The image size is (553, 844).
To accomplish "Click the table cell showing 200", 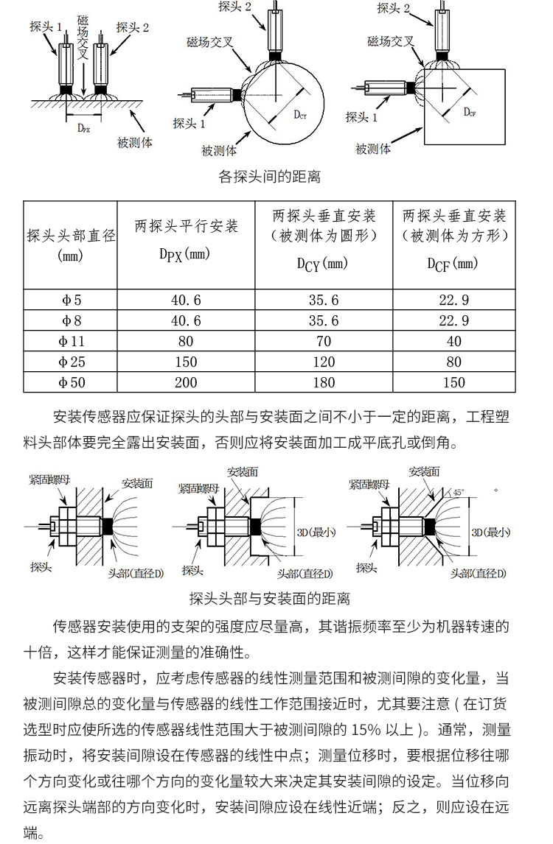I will pyautogui.click(x=185, y=382).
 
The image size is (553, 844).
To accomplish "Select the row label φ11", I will pyautogui.click(x=72, y=341).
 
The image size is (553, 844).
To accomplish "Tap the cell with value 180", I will pyautogui.click(x=323, y=382).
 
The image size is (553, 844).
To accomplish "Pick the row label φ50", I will pyautogui.click(x=72, y=382).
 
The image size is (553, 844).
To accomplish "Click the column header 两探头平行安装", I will pyautogui.click(x=186, y=226).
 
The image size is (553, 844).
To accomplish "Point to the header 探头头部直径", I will pyautogui.click(x=72, y=236).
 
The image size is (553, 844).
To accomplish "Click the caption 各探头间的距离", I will pyautogui.click(x=270, y=177).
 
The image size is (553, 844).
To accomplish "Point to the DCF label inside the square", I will pyautogui.click(x=469, y=112).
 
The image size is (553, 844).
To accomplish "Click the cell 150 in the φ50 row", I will pyautogui.click(x=453, y=382).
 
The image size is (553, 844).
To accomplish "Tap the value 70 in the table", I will pyautogui.click(x=323, y=341).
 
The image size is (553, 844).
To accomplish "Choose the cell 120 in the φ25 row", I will pyautogui.click(x=323, y=362).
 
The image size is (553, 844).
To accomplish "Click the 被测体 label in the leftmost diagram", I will pyautogui.click(x=136, y=142).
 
